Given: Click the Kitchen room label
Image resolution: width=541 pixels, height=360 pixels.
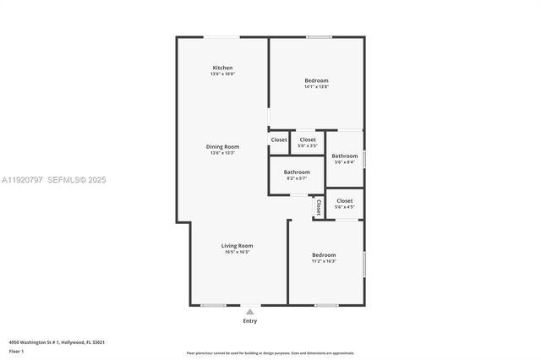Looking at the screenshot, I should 222,68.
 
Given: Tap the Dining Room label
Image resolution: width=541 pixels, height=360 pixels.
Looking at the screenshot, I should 222,147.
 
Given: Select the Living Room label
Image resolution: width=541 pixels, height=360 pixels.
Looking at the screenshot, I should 238,246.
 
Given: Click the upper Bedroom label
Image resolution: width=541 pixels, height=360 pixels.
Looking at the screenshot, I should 316,80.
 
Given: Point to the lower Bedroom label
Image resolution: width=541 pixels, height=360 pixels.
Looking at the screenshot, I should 324,254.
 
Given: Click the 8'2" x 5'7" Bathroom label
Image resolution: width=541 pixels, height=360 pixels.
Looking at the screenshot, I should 297,172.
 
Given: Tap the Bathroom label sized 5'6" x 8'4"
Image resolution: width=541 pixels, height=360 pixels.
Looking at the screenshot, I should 344,155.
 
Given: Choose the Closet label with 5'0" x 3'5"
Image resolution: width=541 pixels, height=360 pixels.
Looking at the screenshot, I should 308,139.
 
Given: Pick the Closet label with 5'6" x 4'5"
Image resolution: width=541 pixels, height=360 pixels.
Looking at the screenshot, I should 345,200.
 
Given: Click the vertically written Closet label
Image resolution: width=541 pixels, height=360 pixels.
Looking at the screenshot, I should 318,206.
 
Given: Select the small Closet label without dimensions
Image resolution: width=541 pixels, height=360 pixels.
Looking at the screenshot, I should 279,139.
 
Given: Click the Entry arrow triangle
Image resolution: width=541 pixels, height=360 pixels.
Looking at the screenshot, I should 249,312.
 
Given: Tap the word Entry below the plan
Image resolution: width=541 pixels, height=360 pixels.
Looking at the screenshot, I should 250,321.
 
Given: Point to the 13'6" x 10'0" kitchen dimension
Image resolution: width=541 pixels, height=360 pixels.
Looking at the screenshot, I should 222,74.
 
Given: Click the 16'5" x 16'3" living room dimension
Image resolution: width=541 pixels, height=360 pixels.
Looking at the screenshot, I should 238,252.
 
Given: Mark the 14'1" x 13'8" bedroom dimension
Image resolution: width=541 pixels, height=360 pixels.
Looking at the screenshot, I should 316,87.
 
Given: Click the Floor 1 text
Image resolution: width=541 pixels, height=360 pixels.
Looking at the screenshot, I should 16,351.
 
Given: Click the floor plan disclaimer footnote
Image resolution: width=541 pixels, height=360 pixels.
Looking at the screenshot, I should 270,353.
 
